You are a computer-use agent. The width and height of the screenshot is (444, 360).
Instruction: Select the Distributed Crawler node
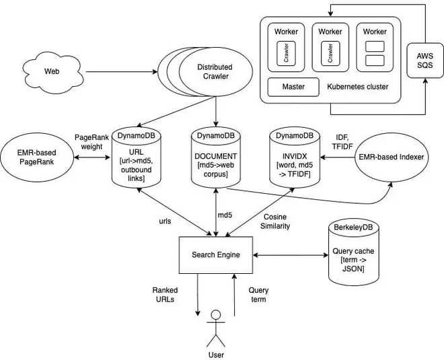214,72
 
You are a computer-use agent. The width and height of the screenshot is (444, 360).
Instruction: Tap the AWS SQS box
424,60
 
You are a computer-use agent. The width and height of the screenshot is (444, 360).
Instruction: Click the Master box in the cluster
293,87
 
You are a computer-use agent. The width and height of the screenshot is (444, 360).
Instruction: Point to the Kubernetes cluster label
357,87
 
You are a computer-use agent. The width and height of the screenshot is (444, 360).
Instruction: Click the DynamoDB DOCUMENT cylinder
215,157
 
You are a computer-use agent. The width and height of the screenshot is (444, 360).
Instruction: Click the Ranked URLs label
165,295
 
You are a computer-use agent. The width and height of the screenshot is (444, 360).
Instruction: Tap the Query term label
258,295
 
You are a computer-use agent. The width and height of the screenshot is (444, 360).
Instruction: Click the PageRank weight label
88,141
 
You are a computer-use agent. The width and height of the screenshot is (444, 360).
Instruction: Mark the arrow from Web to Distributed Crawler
121,71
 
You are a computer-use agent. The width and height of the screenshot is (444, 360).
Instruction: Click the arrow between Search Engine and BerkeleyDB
289,255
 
